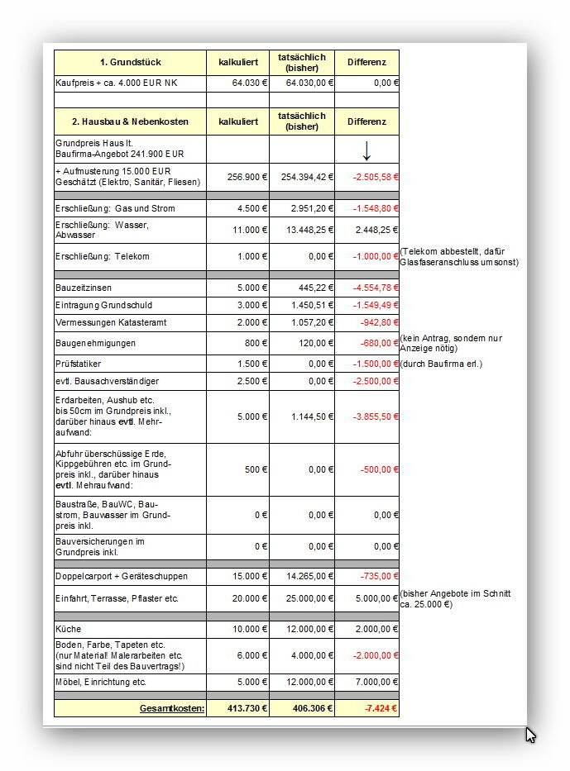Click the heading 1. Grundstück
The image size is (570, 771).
130,62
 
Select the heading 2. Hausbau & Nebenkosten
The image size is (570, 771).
130,121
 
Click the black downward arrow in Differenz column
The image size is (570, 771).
366,150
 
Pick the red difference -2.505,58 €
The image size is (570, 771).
375,176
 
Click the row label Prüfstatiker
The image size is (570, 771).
79,364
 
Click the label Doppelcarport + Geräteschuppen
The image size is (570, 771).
122,576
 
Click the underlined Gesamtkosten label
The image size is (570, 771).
172,708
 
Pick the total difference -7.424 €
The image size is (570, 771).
381,708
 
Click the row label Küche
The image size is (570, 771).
69,629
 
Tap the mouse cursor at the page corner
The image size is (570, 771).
530,734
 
